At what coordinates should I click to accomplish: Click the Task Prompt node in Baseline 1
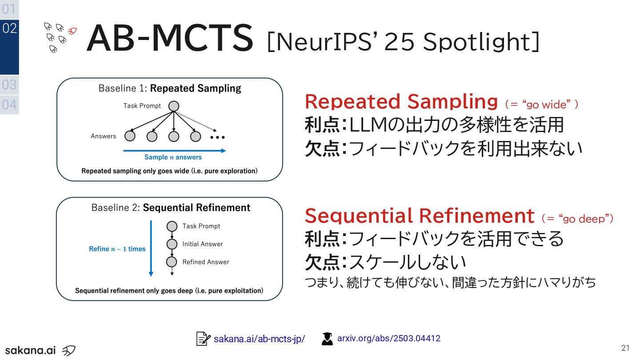pyautogui.click(x=174, y=106)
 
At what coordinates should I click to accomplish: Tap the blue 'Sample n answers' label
pyautogui.click(x=173, y=157)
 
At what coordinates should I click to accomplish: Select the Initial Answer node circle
pyautogui.click(x=172, y=244)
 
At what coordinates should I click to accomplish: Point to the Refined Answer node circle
pyautogui.click(x=172, y=262)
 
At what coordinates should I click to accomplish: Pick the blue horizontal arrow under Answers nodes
pyautogui.click(x=174, y=151)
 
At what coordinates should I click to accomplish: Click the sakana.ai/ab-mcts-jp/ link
pyautogui.click(x=259, y=339)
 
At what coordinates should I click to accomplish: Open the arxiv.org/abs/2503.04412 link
pyautogui.click(x=389, y=338)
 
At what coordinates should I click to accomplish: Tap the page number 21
pyautogui.click(x=625, y=348)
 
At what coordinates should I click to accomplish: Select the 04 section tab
pyautogui.click(x=9, y=105)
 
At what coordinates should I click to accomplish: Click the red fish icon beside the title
pyautogui.click(x=72, y=31)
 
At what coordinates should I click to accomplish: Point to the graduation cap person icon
pyautogui.click(x=327, y=339)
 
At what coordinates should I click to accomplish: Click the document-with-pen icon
pyautogui.click(x=203, y=339)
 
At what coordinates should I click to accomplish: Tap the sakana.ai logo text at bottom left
pyautogui.click(x=30, y=350)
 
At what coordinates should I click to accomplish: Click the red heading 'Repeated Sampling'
pyautogui.click(x=401, y=102)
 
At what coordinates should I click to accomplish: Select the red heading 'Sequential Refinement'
pyautogui.click(x=419, y=216)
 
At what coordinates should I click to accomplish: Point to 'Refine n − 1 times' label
pyautogui.click(x=117, y=249)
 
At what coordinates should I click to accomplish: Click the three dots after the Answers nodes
pyautogui.click(x=218, y=137)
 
